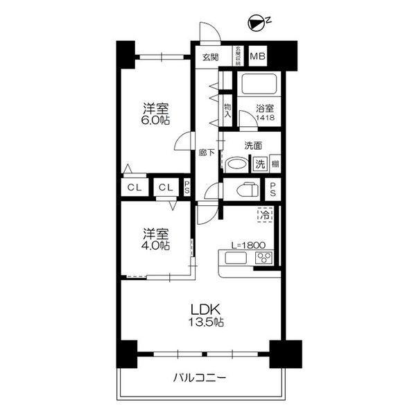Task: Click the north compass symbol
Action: tap(257, 24)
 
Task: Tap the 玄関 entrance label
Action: tap(210, 57)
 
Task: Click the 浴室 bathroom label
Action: tap(264, 109)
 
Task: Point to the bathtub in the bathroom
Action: tap(259, 85)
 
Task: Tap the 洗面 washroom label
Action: tap(253, 146)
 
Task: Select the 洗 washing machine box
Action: tap(259, 165)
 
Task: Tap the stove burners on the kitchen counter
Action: tap(264, 259)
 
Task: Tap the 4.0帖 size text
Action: tap(157, 245)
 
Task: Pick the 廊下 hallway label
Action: tap(205, 152)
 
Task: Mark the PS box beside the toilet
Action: tap(274, 189)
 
